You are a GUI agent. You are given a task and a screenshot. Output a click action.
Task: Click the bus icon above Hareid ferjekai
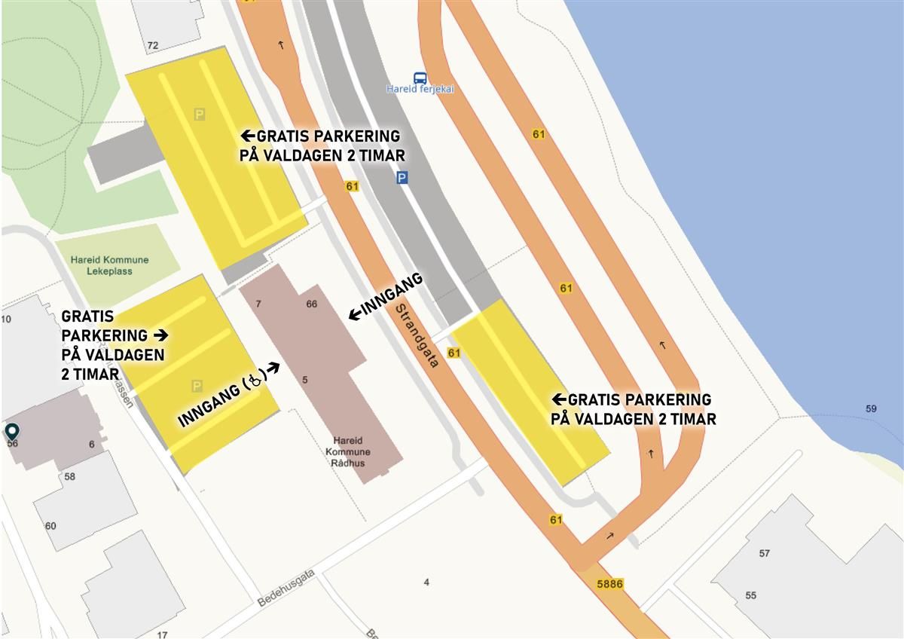coord(420,78)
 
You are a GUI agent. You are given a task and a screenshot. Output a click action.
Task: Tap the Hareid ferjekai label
coord(420,90)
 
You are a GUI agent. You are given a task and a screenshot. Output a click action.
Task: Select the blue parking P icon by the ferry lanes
coord(402,178)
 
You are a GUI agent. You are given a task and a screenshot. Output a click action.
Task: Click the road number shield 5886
coord(609,584)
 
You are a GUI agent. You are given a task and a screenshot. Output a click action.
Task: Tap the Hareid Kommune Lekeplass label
coord(109,265)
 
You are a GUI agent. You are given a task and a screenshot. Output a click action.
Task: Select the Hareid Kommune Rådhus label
coord(347,451)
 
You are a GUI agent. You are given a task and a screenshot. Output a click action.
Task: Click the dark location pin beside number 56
coord(12,431)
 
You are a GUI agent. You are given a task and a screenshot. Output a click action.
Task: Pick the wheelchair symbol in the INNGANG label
coord(255,382)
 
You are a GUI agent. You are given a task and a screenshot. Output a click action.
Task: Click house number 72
coord(153,45)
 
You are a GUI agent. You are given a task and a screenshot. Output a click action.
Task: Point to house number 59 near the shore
coord(871,409)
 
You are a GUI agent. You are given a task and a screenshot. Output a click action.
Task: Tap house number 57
coord(765,553)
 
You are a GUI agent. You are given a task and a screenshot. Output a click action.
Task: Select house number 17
coord(162,634)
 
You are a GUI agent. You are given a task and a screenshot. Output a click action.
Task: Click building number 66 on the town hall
coord(311,304)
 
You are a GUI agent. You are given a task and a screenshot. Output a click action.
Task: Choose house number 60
coord(50,525)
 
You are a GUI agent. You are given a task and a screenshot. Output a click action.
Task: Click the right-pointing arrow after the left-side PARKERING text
coord(160,334)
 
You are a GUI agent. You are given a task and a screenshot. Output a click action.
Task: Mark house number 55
coord(750,595)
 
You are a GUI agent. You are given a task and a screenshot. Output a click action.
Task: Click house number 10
coord(6,319)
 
